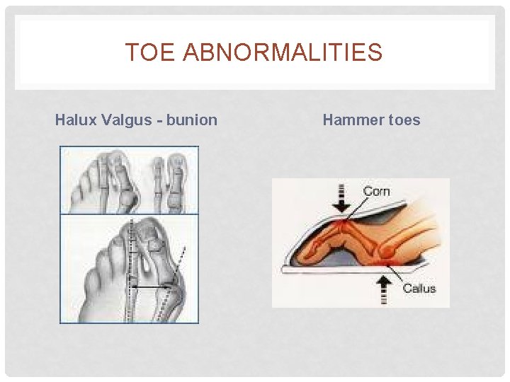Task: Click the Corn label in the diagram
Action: (376, 192)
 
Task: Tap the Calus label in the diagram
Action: (419, 288)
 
